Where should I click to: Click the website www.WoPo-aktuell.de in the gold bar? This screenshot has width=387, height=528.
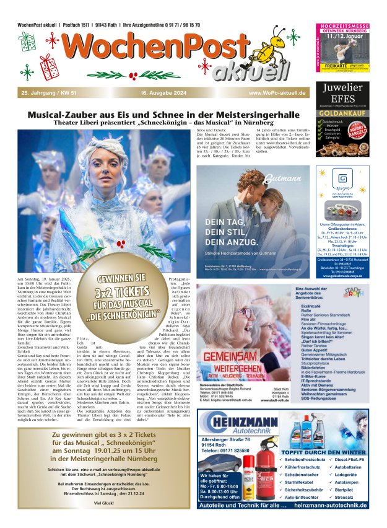pyautogui.click(x=277, y=93)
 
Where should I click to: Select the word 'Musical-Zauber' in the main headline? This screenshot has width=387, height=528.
pyautogui.click(x=70, y=115)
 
